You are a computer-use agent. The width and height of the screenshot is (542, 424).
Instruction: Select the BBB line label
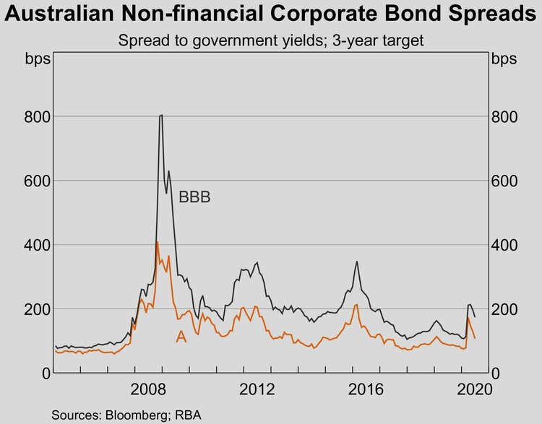point(194,196)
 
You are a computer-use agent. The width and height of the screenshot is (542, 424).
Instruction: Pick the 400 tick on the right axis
point(505,245)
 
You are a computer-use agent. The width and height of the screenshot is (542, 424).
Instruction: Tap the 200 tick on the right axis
point(505,309)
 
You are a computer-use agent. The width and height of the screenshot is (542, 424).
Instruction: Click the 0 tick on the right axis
point(496,373)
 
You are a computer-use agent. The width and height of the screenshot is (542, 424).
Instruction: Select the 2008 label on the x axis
point(150,391)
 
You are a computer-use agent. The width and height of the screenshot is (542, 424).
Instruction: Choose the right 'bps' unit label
point(505,59)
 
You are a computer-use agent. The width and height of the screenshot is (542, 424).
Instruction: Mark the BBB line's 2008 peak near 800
point(161,115)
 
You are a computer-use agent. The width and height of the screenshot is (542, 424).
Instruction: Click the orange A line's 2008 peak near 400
point(158,242)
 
